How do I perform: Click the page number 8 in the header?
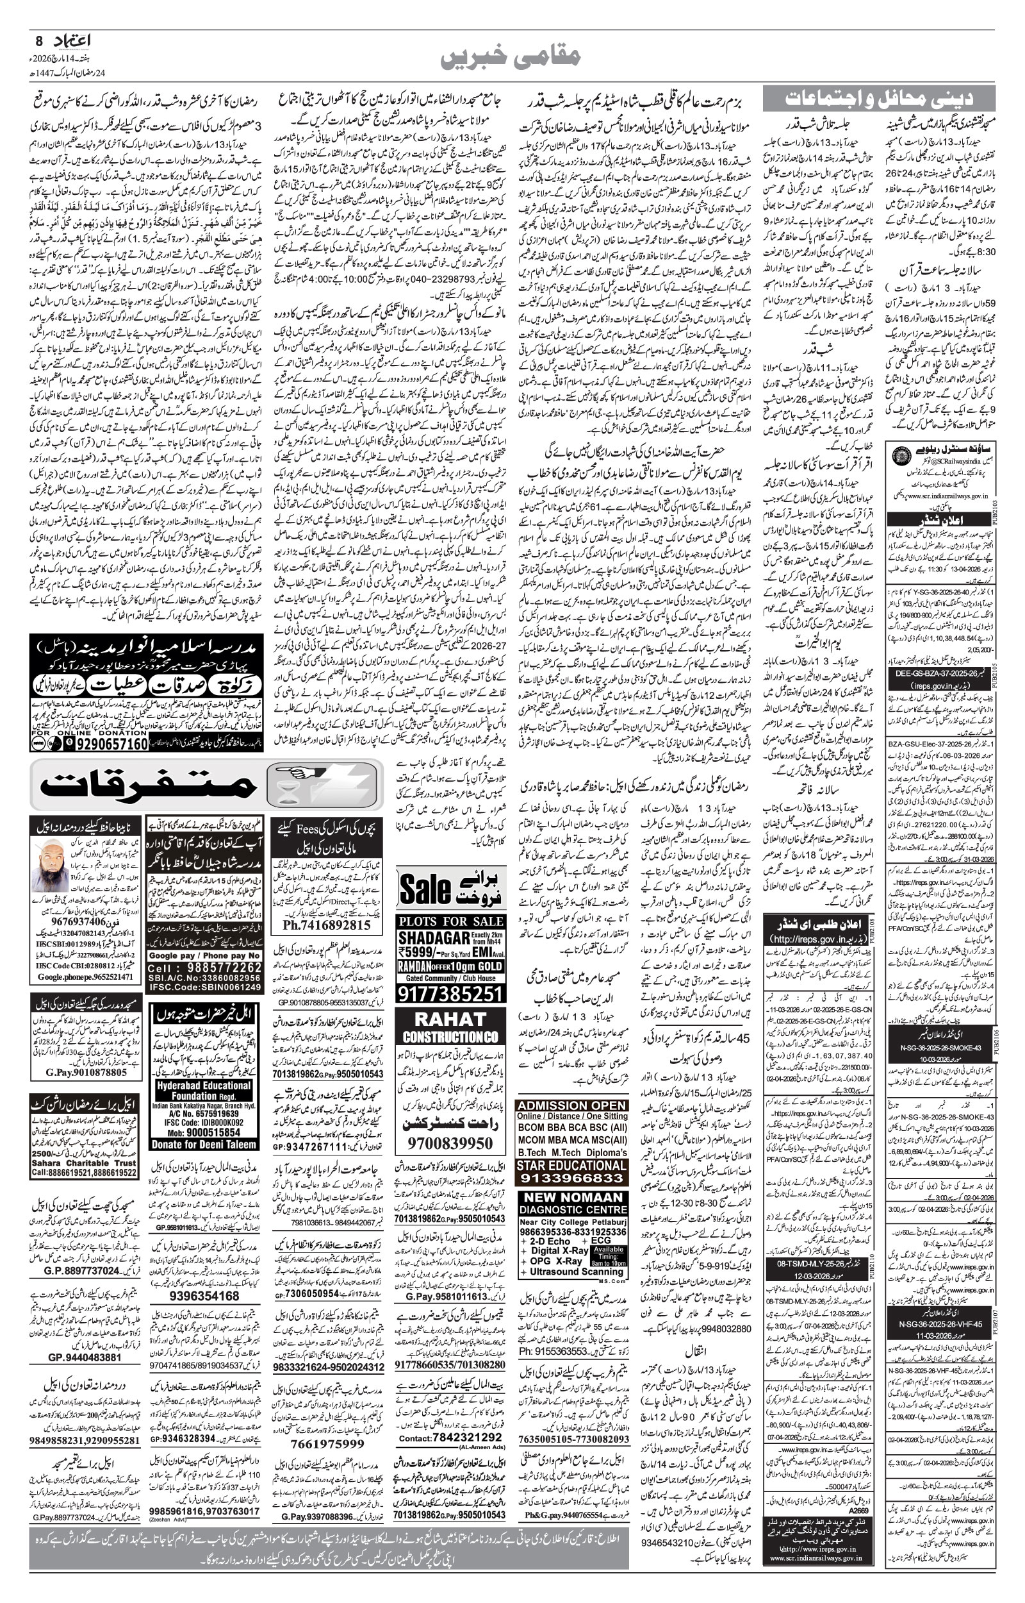(38, 40)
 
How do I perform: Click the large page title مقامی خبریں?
(511, 57)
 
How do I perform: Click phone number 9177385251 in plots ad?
(450, 995)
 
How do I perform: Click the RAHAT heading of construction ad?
(450, 1020)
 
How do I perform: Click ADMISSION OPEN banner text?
(571, 1105)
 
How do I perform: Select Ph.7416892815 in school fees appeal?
(326, 925)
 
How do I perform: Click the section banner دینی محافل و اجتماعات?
(878, 98)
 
